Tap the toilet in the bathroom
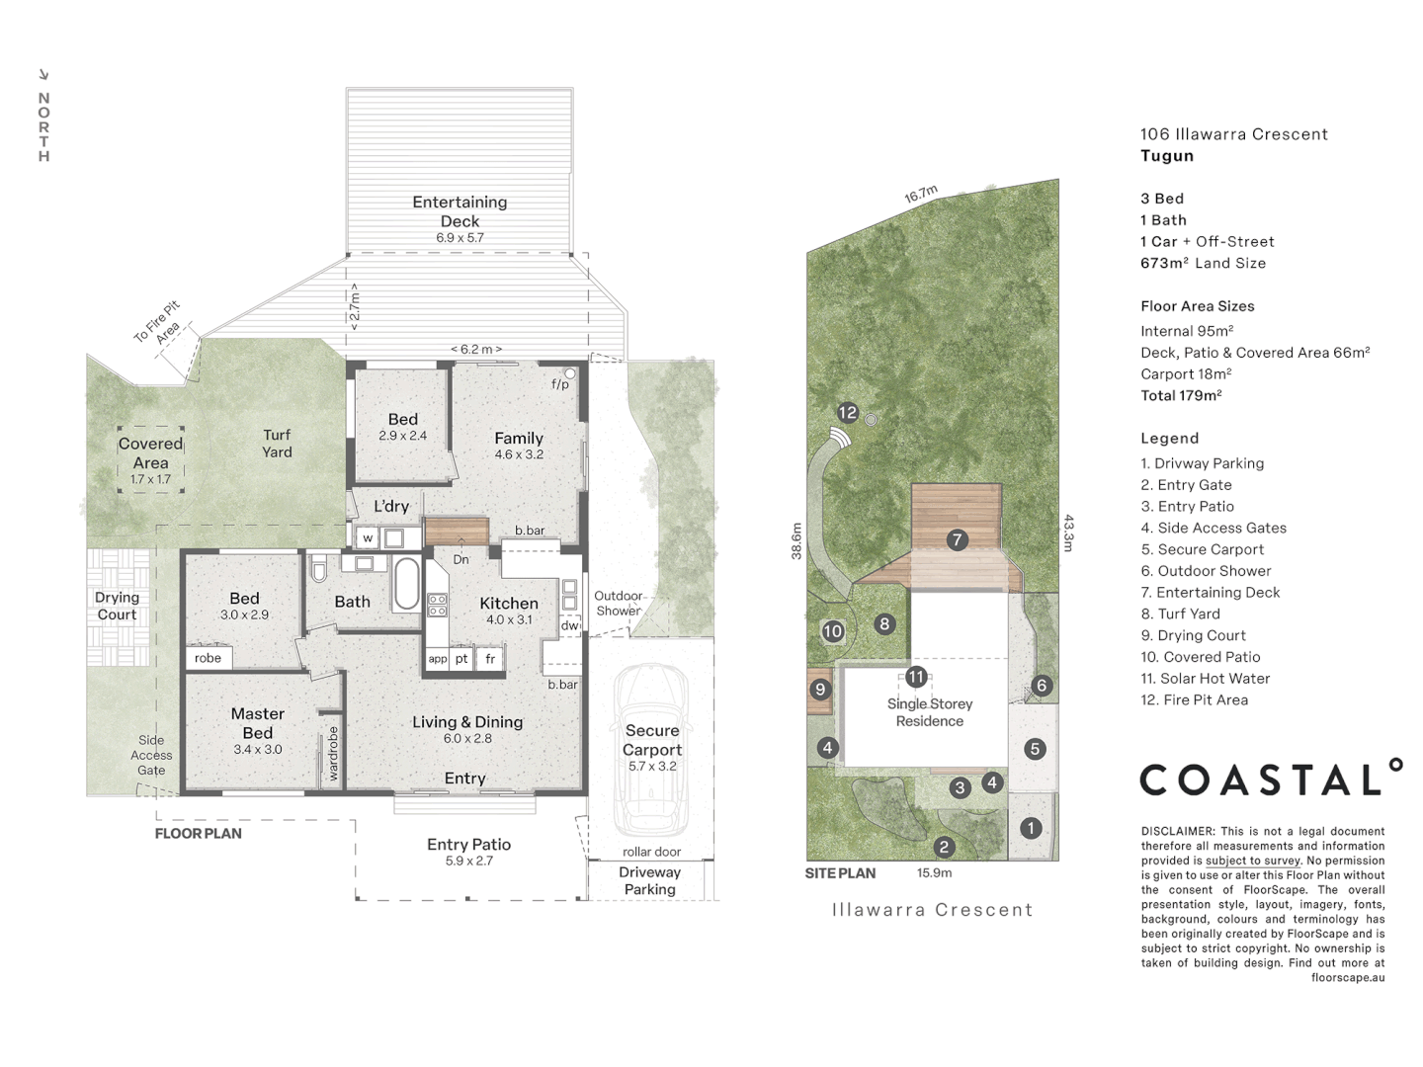(x=318, y=571)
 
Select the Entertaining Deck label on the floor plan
(x=460, y=211)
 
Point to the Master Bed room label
(x=257, y=723)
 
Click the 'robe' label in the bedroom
(x=208, y=658)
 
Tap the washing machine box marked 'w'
(x=368, y=538)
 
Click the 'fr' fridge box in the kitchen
(x=490, y=659)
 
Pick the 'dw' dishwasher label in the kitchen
(x=569, y=625)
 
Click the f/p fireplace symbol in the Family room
(x=570, y=374)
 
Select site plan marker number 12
(x=848, y=413)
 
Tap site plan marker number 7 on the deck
(x=956, y=539)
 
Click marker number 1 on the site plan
(x=1031, y=828)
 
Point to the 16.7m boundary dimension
(x=921, y=196)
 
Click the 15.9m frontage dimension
(x=934, y=872)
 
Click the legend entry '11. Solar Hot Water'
(x=1205, y=679)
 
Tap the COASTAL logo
(x=1270, y=780)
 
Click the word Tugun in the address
(x=1167, y=156)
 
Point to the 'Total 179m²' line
(x=1181, y=395)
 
